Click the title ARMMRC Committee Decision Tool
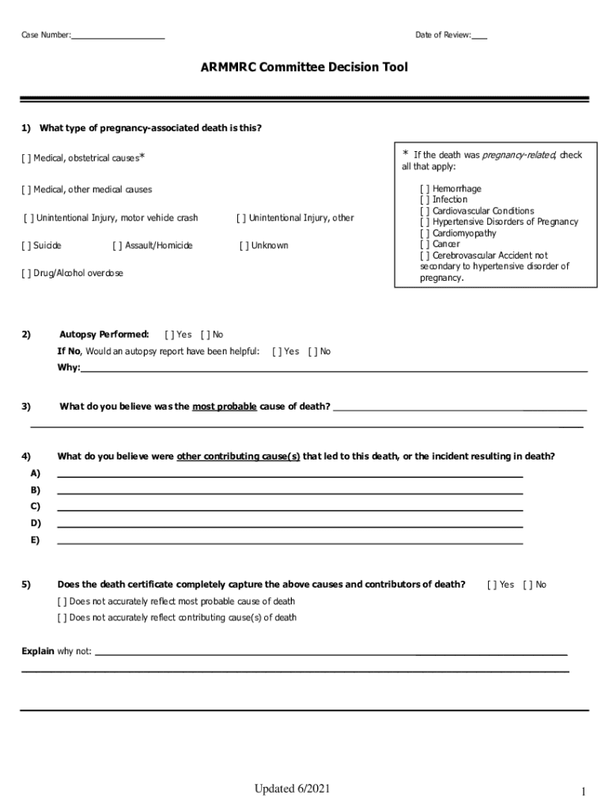tap(304, 67)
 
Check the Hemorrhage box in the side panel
tap(425, 189)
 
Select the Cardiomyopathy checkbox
tap(425, 233)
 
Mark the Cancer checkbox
tap(425, 244)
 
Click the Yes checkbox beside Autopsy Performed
tap(168, 335)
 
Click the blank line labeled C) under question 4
tap(289, 506)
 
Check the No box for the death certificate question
tap(528, 585)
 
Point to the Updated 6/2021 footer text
tap(292, 789)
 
